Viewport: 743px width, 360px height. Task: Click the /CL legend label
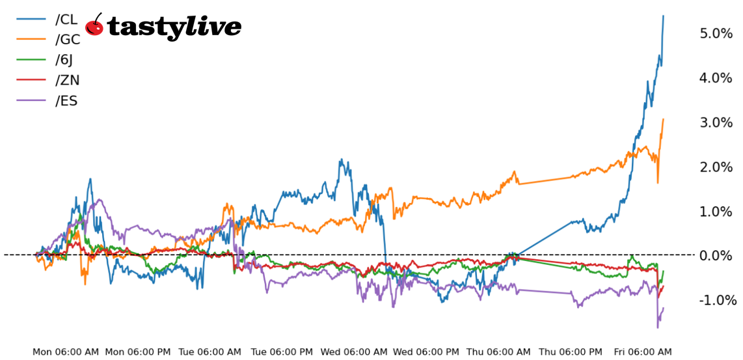[x=66, y=20]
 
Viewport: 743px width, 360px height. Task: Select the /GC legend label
[x=68, y=40]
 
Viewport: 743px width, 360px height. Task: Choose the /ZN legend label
[x=67, y=80]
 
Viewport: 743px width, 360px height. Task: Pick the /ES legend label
[x=66, y=100]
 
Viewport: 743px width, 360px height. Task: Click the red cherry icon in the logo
[x=95, y=25]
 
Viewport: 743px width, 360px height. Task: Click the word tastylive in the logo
[x=174, y=27]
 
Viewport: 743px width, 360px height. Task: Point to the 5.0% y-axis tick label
[x=716, y=33]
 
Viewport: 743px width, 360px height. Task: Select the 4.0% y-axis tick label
[x=716, y=78]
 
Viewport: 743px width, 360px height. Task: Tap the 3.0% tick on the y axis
[x=716, y=122]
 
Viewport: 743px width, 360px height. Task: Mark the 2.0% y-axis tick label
[x=716, y=167]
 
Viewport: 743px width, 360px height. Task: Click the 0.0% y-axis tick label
[x=716, y=256]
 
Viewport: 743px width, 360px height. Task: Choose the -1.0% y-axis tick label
[x=718, y=300]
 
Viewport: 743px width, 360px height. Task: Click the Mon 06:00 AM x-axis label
[x=66, y=352]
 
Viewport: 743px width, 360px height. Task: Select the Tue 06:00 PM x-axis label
[x=282, y=352]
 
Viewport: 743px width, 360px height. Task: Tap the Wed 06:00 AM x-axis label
[x=355, y=352]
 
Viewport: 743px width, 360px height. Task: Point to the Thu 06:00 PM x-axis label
[x=570, y=352]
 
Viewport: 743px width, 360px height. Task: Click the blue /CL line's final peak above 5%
[x=663, y=16]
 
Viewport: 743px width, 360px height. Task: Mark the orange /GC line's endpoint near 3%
[x=663, y=119]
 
